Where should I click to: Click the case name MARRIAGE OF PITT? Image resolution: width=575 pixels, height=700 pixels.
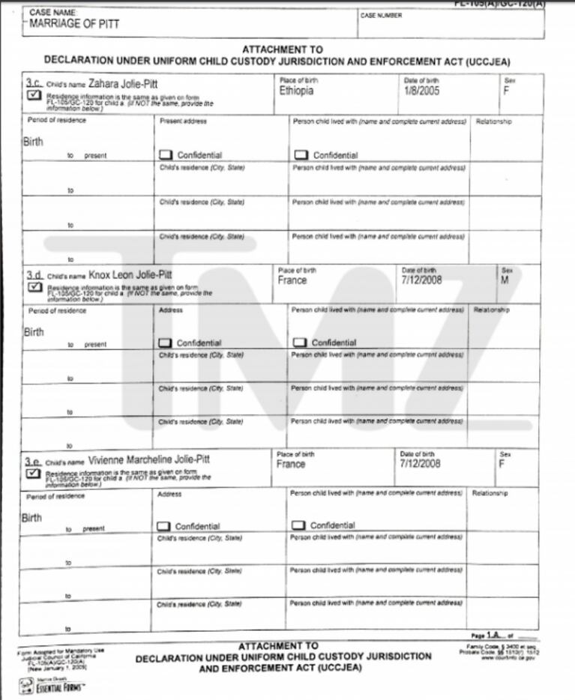pos(74,24)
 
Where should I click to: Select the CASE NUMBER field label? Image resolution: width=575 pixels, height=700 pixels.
pos(381,16)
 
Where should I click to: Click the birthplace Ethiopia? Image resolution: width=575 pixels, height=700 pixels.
pos(296,91)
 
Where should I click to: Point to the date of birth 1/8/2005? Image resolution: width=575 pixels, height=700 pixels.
pos(422,91)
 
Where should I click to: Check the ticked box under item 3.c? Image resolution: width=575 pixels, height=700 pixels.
pos(34,96)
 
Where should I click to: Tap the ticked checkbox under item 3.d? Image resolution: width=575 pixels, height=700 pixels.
pos(34,287)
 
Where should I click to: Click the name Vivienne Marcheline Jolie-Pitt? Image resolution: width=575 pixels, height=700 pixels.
pos(148,458)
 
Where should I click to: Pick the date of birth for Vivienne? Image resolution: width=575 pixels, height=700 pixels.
pos(420,464)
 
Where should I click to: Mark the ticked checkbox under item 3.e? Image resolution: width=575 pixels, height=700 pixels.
pos(33,473)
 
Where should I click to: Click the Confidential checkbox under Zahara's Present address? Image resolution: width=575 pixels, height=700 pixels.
pos(166,155)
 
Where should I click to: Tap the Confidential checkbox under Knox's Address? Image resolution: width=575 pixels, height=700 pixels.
pos(165,343)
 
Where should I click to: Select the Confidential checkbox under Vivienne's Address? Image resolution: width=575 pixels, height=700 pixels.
pos(163,526)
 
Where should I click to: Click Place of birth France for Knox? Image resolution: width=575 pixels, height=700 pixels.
pos(292,280)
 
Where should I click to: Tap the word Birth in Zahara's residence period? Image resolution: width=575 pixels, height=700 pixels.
pos(33,141)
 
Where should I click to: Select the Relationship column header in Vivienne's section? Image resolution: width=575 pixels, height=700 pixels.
pos(490,493)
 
